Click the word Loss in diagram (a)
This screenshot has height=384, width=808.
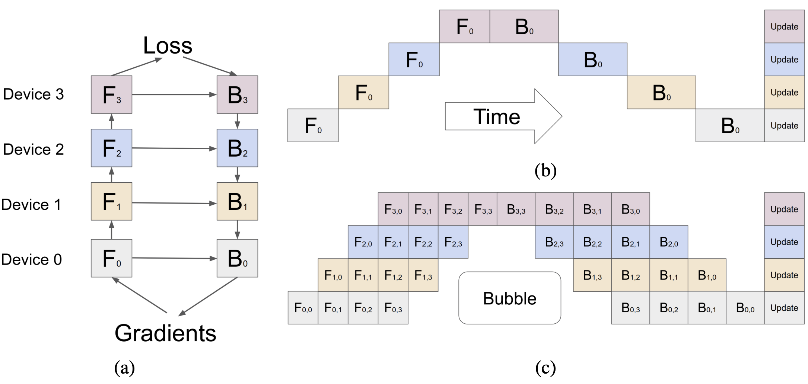pyautogui.click(x=168, y=45)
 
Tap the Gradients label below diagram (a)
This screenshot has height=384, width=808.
pyautogui.click(x=165, y=333)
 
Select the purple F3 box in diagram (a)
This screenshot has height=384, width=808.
pyautogui.click(x=111, y=95)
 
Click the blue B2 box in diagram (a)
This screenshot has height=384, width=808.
pyautogui.click(x=237, y=148)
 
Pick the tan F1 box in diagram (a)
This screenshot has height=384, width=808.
pyautogui.click(x=111, y=201)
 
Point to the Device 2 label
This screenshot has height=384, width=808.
pyautogui.click(x=34, y=149)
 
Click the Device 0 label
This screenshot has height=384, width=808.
pyautogui.click(x=32, y=259)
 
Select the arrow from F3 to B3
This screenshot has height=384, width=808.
pyautogui.click(x=174, y=95)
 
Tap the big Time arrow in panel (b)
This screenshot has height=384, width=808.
pyautogui.click(x=503, y=116)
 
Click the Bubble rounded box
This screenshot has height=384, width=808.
pyautogui.click(x=510, y=298)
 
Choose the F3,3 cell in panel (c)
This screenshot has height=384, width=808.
pyautogui.click(x=483, y=209)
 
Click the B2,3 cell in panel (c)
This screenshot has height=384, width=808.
pyautogui.click(x=554, y=242)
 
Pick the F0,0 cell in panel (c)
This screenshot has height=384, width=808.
pyautogui.click(x=303, y=308)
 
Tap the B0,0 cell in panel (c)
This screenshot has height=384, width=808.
pyautogui.click(x=745, y=308)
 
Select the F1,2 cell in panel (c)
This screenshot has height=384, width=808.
pyautogui.click(x=393, y=275)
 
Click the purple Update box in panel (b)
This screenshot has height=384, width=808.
pyautogui.click(x=785, y=26)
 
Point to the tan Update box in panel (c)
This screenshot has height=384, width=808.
pyautogui.click(x=785, y=275)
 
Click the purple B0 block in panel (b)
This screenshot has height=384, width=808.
pyautogui.click(x=524, y=26)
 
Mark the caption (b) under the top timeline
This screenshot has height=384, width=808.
pyautogui.click(x=545, y=170)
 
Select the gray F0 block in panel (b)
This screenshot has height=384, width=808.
pyautogui.click(x=313, y=125)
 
